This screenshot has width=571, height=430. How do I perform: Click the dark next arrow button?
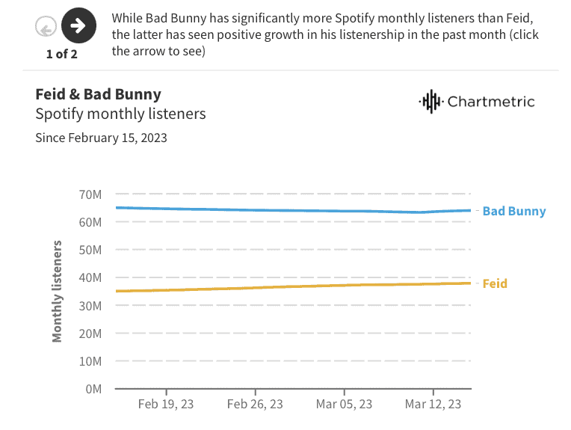pyautogui.click(x=78, y=27)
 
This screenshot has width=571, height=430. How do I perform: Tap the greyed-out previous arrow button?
pyautogui.click(x=46, y=28)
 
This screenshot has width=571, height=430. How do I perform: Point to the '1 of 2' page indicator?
pyautogui.click(x=61, y=54)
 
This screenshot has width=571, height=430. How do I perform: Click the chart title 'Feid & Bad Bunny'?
pyautogui.click(x=99, y=94)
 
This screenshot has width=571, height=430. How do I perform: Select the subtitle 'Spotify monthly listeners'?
pyautogui.click(x=120, y=114)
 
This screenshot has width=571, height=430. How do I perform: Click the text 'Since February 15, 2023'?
pyautogui.click(x=101, y=138)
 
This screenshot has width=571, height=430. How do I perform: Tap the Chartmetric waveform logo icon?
pyautogui.click(x=430, y=101)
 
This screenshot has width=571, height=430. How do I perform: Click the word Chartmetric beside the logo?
pyautogui.click(x=491, y=102)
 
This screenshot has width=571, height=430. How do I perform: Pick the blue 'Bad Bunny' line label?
pyautogui.click(x=514, y=211)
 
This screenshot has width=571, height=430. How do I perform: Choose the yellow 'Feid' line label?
pyautogui.click(x=495, y=283)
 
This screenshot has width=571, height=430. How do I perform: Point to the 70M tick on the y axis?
pyautogui.click(x=90, y=195)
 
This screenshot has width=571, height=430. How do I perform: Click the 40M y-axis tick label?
pyautogui.click(x=90, y=278)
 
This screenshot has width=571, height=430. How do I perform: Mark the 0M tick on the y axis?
pyautogui.click(x=93, y=389)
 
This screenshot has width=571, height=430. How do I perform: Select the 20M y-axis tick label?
pyautogui.click(x=90, y=334)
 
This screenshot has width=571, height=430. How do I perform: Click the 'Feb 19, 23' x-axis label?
pyautogui.click(x=166, y=404)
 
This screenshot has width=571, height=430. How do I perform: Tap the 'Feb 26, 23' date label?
pyautogui.click(x=255, y=404)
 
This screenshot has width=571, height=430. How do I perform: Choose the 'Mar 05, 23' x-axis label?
pyautogui.click(x=344, y=404)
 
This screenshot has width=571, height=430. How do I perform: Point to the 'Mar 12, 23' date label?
pyautogui.click(x=433, y=404)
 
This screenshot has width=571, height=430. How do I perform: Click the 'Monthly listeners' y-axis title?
pyautogui.click(x=58, y=292)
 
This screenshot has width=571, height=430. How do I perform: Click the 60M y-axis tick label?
pyautogui.click(x=90, y=223)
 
